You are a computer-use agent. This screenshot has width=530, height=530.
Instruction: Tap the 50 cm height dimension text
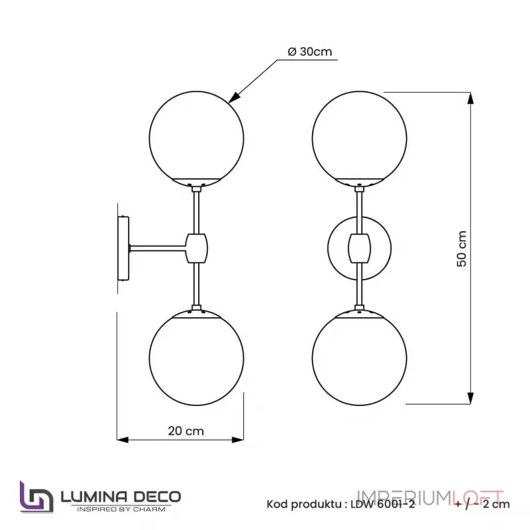pyautogui.click(x=462, y=248)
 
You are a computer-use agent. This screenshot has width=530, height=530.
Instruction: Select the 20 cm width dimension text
pyautogui.click(x=185, y=431)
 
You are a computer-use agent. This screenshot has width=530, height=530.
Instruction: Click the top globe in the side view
pyautogui.click(x=196, y=136)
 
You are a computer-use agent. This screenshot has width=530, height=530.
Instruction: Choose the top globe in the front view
pyautogui.click(x=360, y=136)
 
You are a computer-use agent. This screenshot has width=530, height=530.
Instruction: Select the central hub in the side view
pyautogui.click(x=197, y=248)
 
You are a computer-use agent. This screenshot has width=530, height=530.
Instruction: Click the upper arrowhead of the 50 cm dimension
pyautogui.click(x=470, y=98)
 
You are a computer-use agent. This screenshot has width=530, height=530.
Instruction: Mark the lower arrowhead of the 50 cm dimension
pyautogui.click(x=470, y=397)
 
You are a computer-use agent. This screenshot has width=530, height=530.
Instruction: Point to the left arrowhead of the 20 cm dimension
pyautogui.click(x=123, y=439)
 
